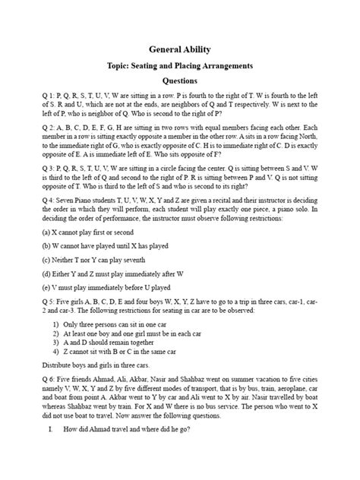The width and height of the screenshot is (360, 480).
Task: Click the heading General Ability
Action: (180, 49)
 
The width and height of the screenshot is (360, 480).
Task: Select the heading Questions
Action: (180, 81)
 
